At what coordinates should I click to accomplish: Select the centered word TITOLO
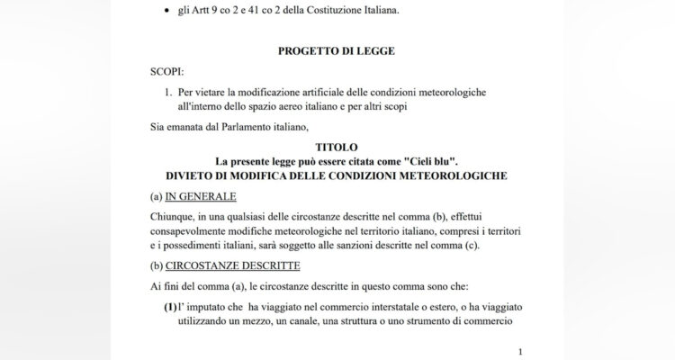pyautogui.click(x=337, y=146)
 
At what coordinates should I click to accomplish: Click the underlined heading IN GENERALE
pyautogui.click(x=199, y=195)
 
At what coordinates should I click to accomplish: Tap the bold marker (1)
pyautogui.click(x=171, y=308)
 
